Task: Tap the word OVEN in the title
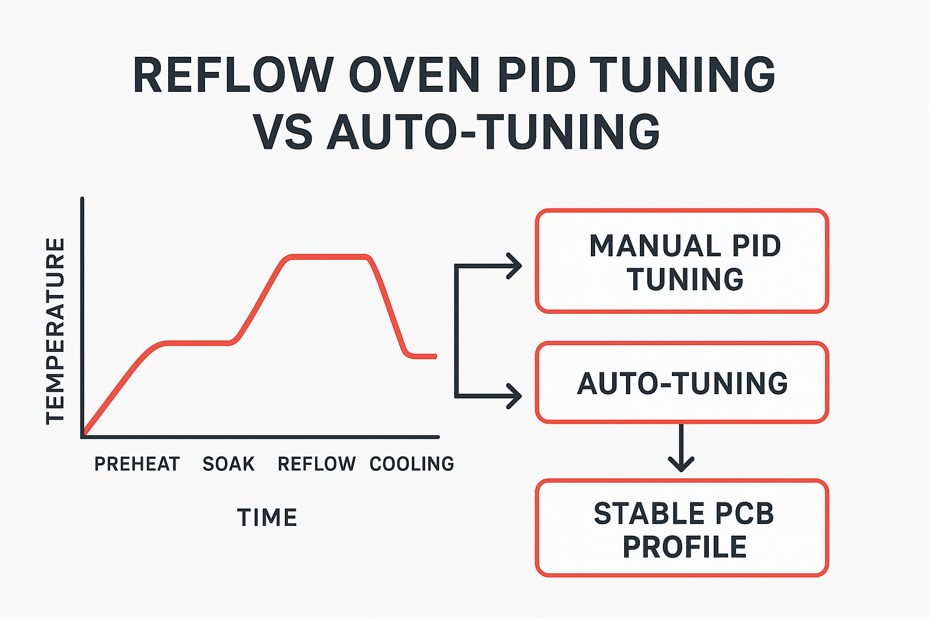[x=414, y=76]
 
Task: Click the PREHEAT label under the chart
[x=137, y=464]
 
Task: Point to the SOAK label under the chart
[x=229, y=464]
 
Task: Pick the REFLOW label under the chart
[x=317, y=464]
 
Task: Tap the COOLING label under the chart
[x=412, y=464]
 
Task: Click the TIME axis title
[x=267, y=518]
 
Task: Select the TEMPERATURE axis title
[x=56, y=331]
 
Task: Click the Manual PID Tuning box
[x=682, y=261]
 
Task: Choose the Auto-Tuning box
[x=682, y=383]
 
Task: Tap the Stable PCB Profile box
[x=682, y=528]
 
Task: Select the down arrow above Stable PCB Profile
[x=681, y=462]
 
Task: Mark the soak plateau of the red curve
[x=197, y=343]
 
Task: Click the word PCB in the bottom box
[x=745, y=513]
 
